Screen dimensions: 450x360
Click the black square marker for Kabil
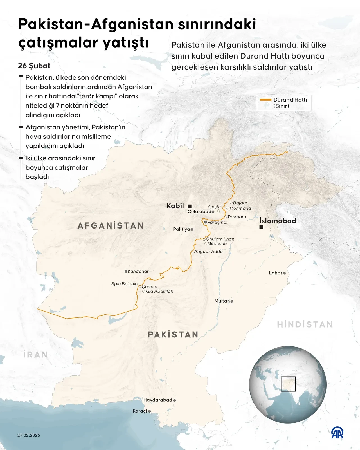[190, 206]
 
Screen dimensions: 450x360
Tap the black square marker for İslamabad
[261, 227]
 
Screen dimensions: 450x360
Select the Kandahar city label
[138, 271]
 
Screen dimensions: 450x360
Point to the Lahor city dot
[284, 273]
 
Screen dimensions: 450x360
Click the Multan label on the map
[222, 301]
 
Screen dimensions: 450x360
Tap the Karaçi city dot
[150, 411]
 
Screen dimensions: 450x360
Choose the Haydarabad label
[157, 400]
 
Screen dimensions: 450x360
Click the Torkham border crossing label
[237, 217]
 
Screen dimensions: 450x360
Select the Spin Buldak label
[124, 284]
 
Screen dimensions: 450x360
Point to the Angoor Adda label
[208, 252]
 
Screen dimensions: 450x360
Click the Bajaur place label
[240, 203]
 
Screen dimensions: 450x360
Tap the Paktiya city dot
[192, 229]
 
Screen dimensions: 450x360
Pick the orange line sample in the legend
[265, 100]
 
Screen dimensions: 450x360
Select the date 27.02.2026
[29, 435]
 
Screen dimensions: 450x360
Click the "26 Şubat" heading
[34, 66]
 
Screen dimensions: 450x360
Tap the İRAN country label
[36, 355]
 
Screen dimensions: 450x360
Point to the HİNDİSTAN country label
[305, 324]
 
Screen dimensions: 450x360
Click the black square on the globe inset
[288, 384]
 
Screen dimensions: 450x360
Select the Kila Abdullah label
[159, 292]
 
